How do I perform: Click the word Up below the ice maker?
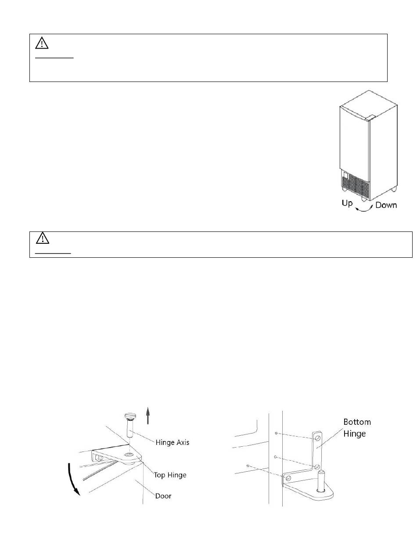346,203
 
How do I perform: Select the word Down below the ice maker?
386,205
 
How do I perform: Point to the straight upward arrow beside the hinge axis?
148,415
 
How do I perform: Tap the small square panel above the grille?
345,176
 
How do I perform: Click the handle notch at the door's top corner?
370,117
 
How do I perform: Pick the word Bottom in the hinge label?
357,422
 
